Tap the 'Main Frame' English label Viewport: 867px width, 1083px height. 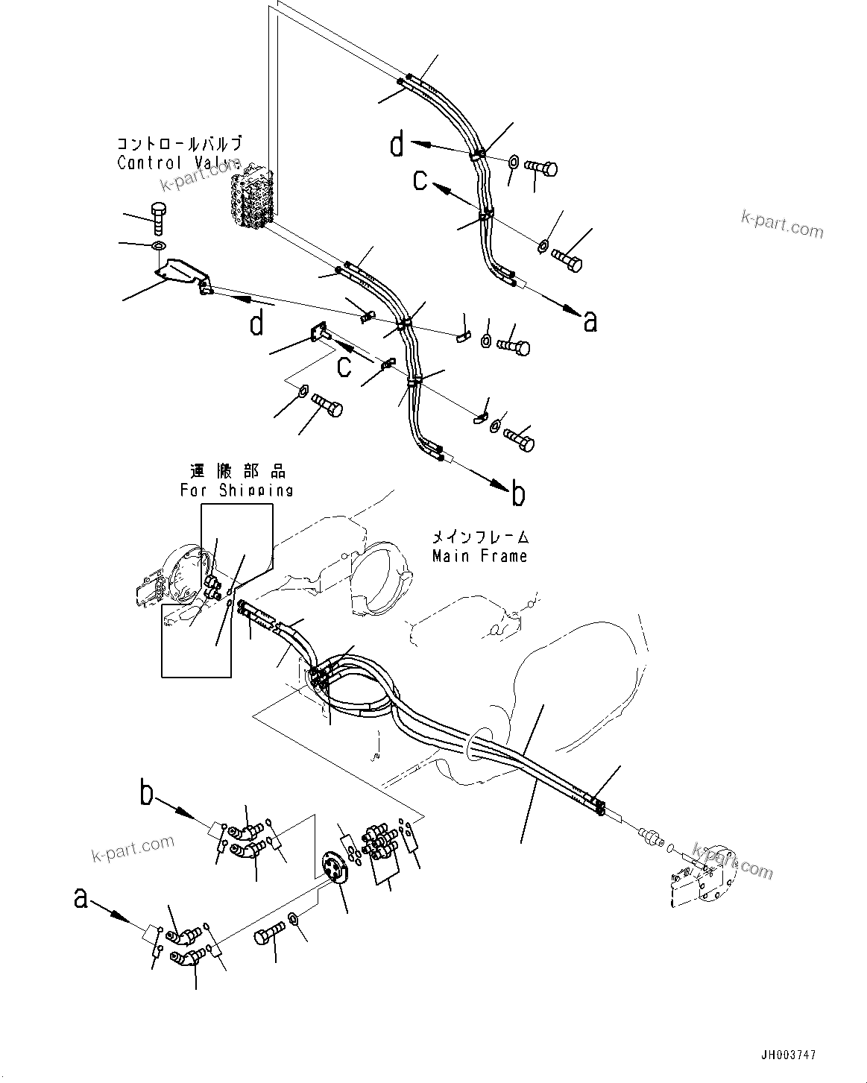480,556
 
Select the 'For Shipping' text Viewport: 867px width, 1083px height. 236,490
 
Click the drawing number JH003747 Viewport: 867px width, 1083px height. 788,1055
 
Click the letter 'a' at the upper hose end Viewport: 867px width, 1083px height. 590,321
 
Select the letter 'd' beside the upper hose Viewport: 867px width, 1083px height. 397,144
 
